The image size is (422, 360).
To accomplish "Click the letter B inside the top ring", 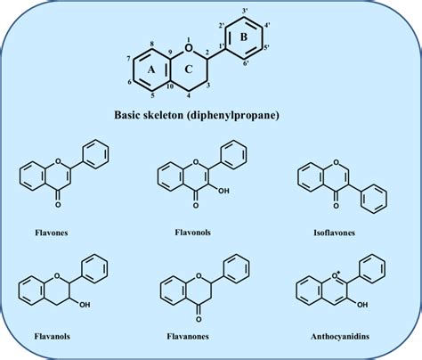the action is (x=243, y=37).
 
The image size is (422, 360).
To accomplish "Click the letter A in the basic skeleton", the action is (x=151, y=70).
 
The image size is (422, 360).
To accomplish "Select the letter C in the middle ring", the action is (x=189, y=70).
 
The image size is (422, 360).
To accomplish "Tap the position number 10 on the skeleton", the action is (x=170, y=86).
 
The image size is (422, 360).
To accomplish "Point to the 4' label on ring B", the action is (x=267, y=25).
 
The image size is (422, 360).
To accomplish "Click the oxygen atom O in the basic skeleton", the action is (x=188, y=47).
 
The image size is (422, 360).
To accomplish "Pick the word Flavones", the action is (x=52, y=233).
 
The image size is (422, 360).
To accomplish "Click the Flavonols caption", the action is (x=193, y=232).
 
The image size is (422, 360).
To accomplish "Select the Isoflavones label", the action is (x=335, y=233).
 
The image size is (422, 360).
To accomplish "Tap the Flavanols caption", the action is (x=53, y=336).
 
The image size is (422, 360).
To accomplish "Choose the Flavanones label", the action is (x=188, y=336).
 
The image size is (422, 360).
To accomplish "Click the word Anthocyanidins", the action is (x=340, y=336).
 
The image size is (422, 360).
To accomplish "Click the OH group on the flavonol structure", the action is (x=223, y=191).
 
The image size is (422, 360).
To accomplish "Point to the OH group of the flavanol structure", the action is (x=85, y=304).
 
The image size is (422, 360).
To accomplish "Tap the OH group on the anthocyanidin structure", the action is (x=362, y=305).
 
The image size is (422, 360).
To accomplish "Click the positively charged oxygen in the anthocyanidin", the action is (x=336, y=276).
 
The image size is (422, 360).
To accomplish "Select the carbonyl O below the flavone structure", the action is (x=58, y=205).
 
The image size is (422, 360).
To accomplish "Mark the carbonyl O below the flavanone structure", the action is (x=199, y=319).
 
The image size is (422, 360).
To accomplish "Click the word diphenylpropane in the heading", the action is (x=231, y=115).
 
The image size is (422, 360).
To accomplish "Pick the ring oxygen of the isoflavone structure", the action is (x=336, y=162).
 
